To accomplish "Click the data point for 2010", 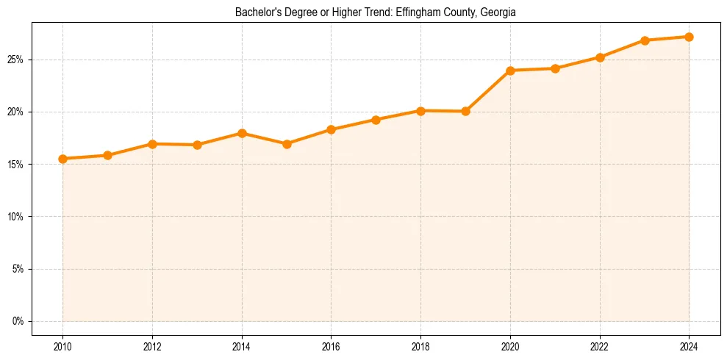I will [62, 159].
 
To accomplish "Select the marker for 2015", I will [287, 144].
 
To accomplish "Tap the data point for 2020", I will [510, 71].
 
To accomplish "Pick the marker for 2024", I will [689, 37].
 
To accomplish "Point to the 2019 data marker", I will [465, 112].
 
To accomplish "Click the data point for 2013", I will [197, 145].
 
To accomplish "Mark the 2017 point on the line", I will [376, 120].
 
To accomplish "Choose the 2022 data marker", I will [600, 57].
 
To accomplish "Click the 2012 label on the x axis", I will [152, 346].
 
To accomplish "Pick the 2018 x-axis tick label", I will [420, 346].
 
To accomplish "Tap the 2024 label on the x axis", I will [689, 346].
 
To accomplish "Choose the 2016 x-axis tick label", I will [331, 346].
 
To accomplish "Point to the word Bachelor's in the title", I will [257, 12].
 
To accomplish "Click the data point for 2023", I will [645, 40].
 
